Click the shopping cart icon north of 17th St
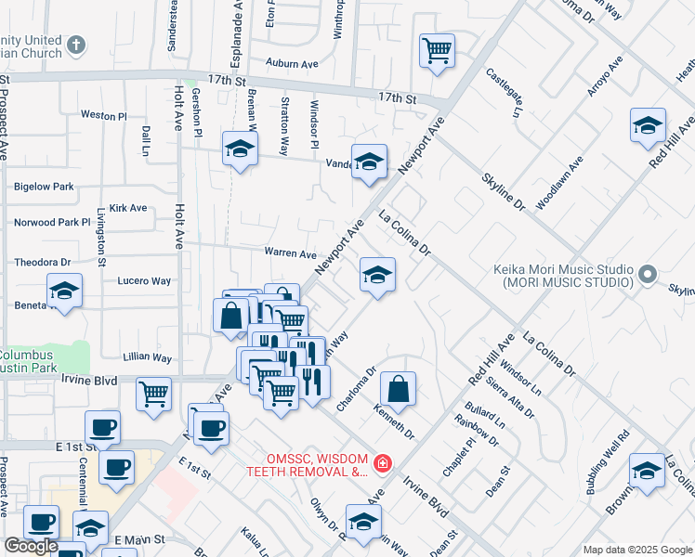click(437, 50)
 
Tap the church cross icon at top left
click(77, 44)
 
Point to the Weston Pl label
click(103, 116)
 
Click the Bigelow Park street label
click(44, 187)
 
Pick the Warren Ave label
click(291, 253)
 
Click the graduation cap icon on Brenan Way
click(239, 149)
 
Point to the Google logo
click(31, 546)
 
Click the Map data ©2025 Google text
click(637, 550)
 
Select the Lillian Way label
click(148, 357)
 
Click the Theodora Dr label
click(43, 263)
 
